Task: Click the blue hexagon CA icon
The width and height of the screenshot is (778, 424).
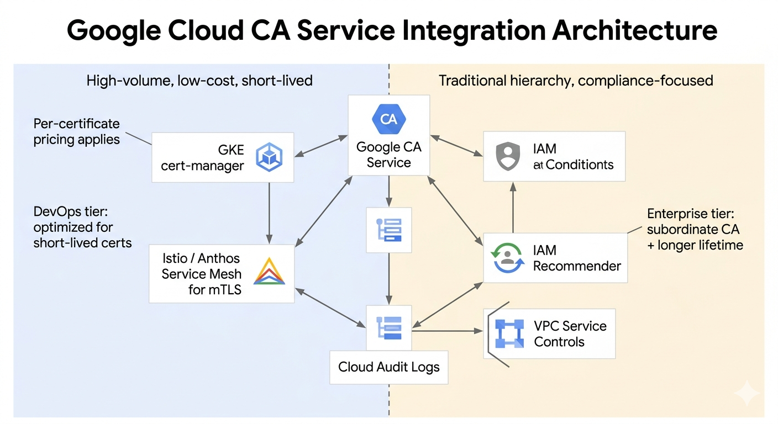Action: pyautogui.click(x=389, y=119)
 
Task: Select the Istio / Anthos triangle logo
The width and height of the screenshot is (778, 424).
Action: pyautogui.click(x=269, y=272)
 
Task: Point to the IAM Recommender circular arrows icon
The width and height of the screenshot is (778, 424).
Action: pyautogui.click(x=507, y=258)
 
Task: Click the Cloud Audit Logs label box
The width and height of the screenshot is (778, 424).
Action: pyautogui.click(x=388, y=367)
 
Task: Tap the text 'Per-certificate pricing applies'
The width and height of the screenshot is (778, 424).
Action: pyautogui.click(x=76, y=131)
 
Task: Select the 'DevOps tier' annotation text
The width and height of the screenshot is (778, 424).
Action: pyautogui.click(x=82, y=227)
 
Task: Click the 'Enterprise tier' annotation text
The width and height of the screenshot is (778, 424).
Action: pyautogui.click(x=695, y=229)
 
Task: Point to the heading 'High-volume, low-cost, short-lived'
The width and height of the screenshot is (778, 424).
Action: pyautogui.click(x=199, y=81)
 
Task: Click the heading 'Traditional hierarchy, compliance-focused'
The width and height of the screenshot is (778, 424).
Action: pyautogui.click(x=575, y=81)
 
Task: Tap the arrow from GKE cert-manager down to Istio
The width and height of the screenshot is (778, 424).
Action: pyautogui.click(x=269, y=213)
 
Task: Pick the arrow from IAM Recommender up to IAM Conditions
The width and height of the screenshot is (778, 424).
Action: pyautogui.click(x=513, y=208)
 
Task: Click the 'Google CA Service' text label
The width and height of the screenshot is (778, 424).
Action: pyautogui.click(x=388, y=155)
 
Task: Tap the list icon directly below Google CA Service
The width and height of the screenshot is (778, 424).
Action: pyautogui.click(x=389, y=230)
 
